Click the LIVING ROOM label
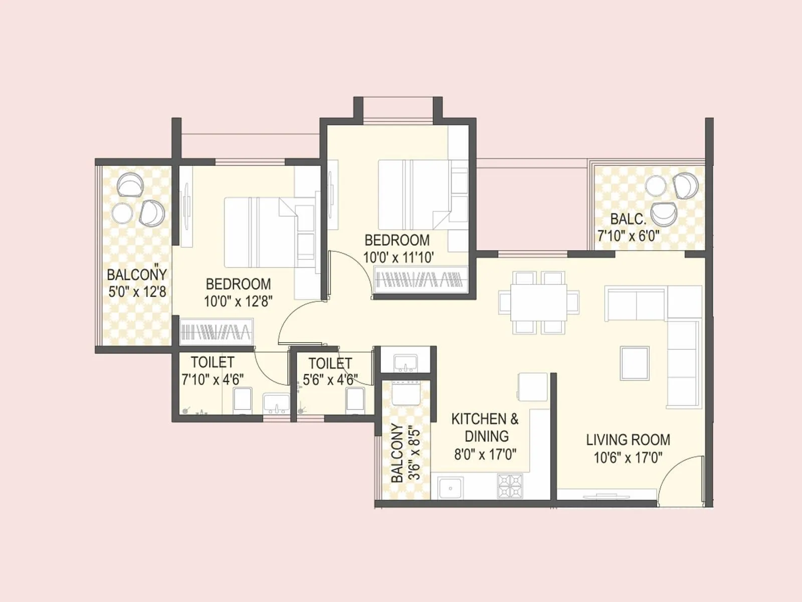point(628,440)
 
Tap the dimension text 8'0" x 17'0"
point(485,455)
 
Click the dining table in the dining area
point(539,303)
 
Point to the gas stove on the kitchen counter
point(510,486)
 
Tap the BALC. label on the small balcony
point(628,219)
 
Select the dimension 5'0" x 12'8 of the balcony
point(137,292)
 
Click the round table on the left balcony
point(122,213)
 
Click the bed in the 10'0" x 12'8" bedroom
point(261,232)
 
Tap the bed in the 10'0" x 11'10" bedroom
point(414,193)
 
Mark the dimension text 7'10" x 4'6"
point(213,379)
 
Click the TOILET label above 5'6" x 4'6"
point(330,363)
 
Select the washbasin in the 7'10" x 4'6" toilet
point(276,403)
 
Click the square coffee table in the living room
point(635,363)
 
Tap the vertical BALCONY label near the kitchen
point(397,453)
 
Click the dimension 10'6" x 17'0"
point(628,458)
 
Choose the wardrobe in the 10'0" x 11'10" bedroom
point(421,279)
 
